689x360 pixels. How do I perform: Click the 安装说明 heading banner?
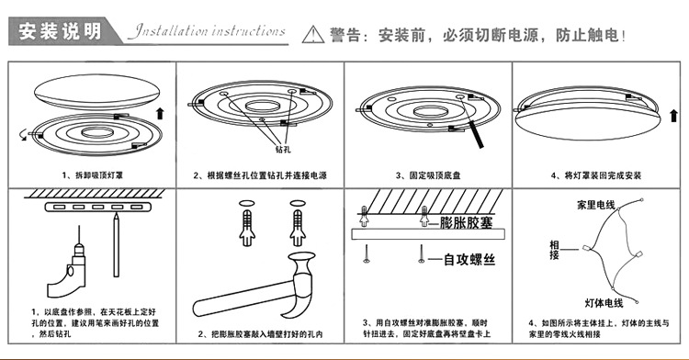[x=60, y=31]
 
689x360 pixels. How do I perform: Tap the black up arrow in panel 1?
[x=162, y=113]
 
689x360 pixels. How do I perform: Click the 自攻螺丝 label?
[x=469, y=261]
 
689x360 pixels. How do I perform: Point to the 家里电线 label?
[x=594, y=203]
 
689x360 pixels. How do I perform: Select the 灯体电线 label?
[x=603, y=302]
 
